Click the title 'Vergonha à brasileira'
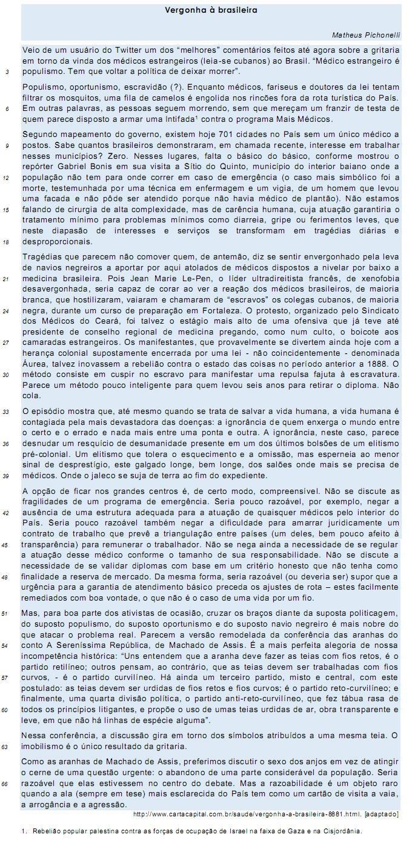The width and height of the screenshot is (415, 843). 211,10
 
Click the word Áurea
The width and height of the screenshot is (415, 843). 36,364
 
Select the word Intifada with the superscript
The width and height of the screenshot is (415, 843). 185,120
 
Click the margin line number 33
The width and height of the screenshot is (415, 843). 7,412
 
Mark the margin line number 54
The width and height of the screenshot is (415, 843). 7,645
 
